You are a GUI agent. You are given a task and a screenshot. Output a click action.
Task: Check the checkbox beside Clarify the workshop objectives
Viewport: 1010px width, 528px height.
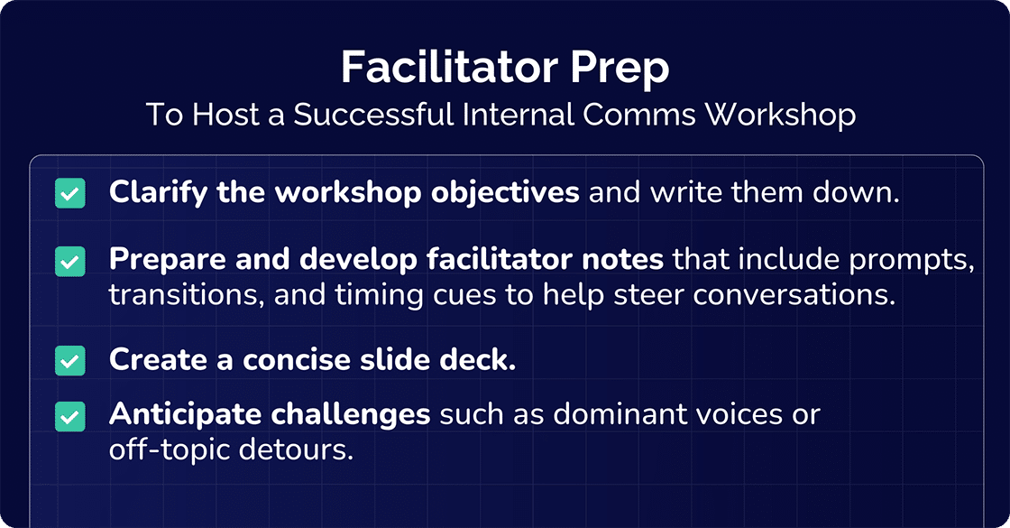click(x=70, y=193)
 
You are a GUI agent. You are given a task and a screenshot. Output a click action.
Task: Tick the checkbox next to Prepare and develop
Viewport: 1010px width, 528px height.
click(x=70, y=262)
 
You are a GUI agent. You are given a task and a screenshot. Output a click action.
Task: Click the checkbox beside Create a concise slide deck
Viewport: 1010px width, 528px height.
click(x=70, y=360)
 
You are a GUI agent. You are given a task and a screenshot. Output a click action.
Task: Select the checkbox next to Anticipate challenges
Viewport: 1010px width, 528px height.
click(x=70, y=416)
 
